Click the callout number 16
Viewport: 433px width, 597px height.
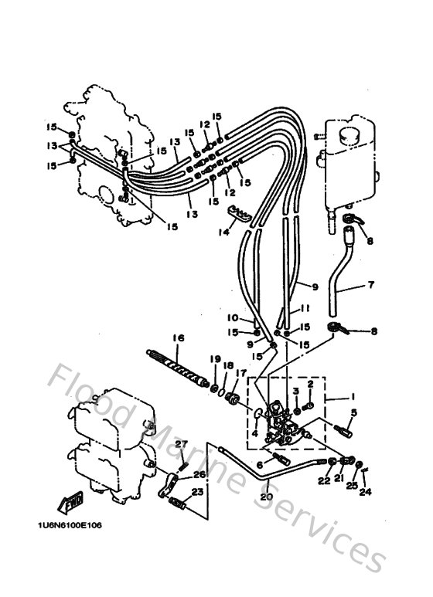[x=179, y=338]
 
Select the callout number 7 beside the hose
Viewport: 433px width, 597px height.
[x=370, y=285]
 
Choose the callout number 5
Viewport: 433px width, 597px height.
[x=353, y=413]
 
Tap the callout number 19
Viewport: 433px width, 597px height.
[x=208, y=359]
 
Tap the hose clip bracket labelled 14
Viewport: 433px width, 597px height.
[x=242, y=215]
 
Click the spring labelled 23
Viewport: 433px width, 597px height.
[x=180, y=507]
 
